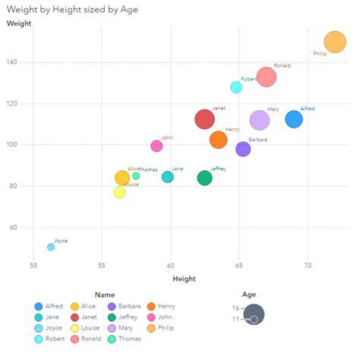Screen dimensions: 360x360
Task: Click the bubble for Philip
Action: (x=336, y=42)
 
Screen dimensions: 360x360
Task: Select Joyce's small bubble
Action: (x=51, y=247)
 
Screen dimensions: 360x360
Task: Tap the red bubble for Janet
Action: (x=204, y=118)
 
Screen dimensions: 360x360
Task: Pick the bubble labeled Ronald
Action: (x=266, y=77)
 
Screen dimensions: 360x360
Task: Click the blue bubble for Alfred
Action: (x=294, y=118)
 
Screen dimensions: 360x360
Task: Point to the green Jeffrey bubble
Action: (x=204, y=178)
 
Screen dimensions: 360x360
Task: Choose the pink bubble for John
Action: (x=156, y=146)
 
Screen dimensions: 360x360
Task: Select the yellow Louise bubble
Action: (x=119, y=192)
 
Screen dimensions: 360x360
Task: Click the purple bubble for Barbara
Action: (x=243, y=149)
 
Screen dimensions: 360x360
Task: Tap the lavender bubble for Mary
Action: (x=260, y=120)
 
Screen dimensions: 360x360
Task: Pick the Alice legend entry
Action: (x=86, y=306)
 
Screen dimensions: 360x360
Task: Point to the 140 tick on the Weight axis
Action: (x=24, y=62)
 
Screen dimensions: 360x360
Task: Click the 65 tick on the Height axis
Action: (x=239, y=266)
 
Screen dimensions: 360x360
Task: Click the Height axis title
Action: (x=184, y=279)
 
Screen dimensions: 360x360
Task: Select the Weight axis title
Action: (x=18, y=24)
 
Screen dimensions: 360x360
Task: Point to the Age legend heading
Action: (x=249, y=294)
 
